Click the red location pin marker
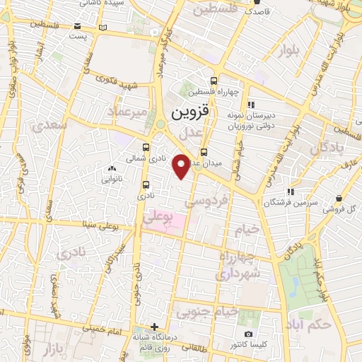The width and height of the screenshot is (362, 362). click(182, 165)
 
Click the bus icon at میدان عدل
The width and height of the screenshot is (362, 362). click(204, 151)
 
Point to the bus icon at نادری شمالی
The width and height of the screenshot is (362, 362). click(146, 147)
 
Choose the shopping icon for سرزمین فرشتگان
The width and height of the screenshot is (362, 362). click(289, 191)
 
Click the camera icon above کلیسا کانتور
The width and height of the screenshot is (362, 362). click(247, 334)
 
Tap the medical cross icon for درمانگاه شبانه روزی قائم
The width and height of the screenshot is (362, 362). click(154, 327)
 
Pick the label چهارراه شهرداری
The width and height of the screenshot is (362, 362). click(240, 264)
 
